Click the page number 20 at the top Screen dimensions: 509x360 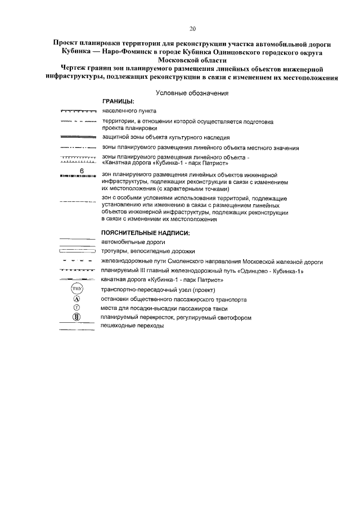[x=192, y=29]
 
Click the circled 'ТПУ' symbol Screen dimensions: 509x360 [x=78, y=290]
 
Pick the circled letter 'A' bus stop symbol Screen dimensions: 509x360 [x=78, y=299]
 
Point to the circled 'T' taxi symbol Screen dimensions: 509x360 [x=78, y=308]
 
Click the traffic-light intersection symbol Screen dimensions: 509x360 [x=78, y=318]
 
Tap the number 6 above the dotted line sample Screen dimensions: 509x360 [x=82, y=170]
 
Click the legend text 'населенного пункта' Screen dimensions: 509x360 [x=129, y=111]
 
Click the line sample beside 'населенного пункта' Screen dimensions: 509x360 [x=78, y=112]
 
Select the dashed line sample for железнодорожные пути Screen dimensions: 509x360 [x=78, y=262]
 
